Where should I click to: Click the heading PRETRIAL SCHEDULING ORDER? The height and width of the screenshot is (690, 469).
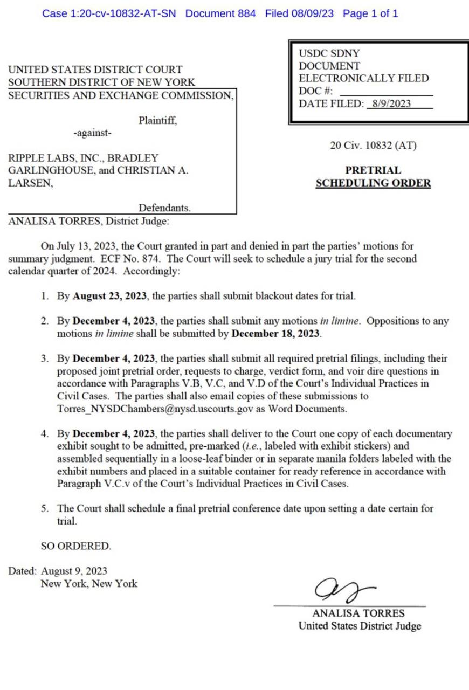[x=373, y=177]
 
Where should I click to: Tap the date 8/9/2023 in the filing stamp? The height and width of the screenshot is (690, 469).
[x=388, y=104]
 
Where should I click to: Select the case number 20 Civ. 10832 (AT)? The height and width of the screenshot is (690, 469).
[x=373, y=145]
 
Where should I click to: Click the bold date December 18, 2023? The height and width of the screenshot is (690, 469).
[x=276, y=333]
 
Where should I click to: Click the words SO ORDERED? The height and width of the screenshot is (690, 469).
[x=76, y=546]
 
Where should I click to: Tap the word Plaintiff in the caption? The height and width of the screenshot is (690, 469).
[x=157, y=120]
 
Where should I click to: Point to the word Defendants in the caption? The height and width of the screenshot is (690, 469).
[x=164, y=208]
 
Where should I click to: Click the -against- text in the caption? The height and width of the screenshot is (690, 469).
[x=93, y=133]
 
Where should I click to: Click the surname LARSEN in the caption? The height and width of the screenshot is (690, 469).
[x=30, y=183]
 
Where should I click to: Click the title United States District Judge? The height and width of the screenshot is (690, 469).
[x=360, y=626]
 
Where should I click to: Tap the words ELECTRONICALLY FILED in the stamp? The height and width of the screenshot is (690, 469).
[x=364, y=78]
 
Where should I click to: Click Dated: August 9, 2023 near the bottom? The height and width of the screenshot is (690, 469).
[x=58, y=571]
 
